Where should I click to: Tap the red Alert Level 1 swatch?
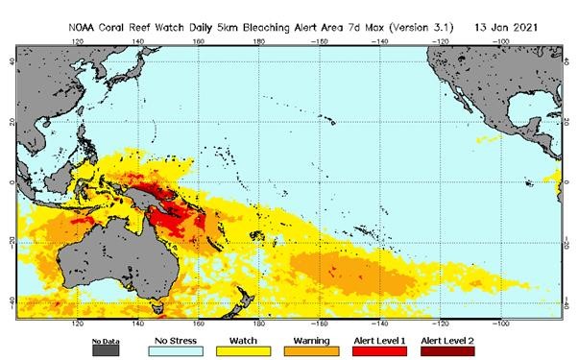pyautogui.click(x=380, y=351)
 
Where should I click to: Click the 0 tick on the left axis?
pyautogui.click(x=12, y=182)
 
